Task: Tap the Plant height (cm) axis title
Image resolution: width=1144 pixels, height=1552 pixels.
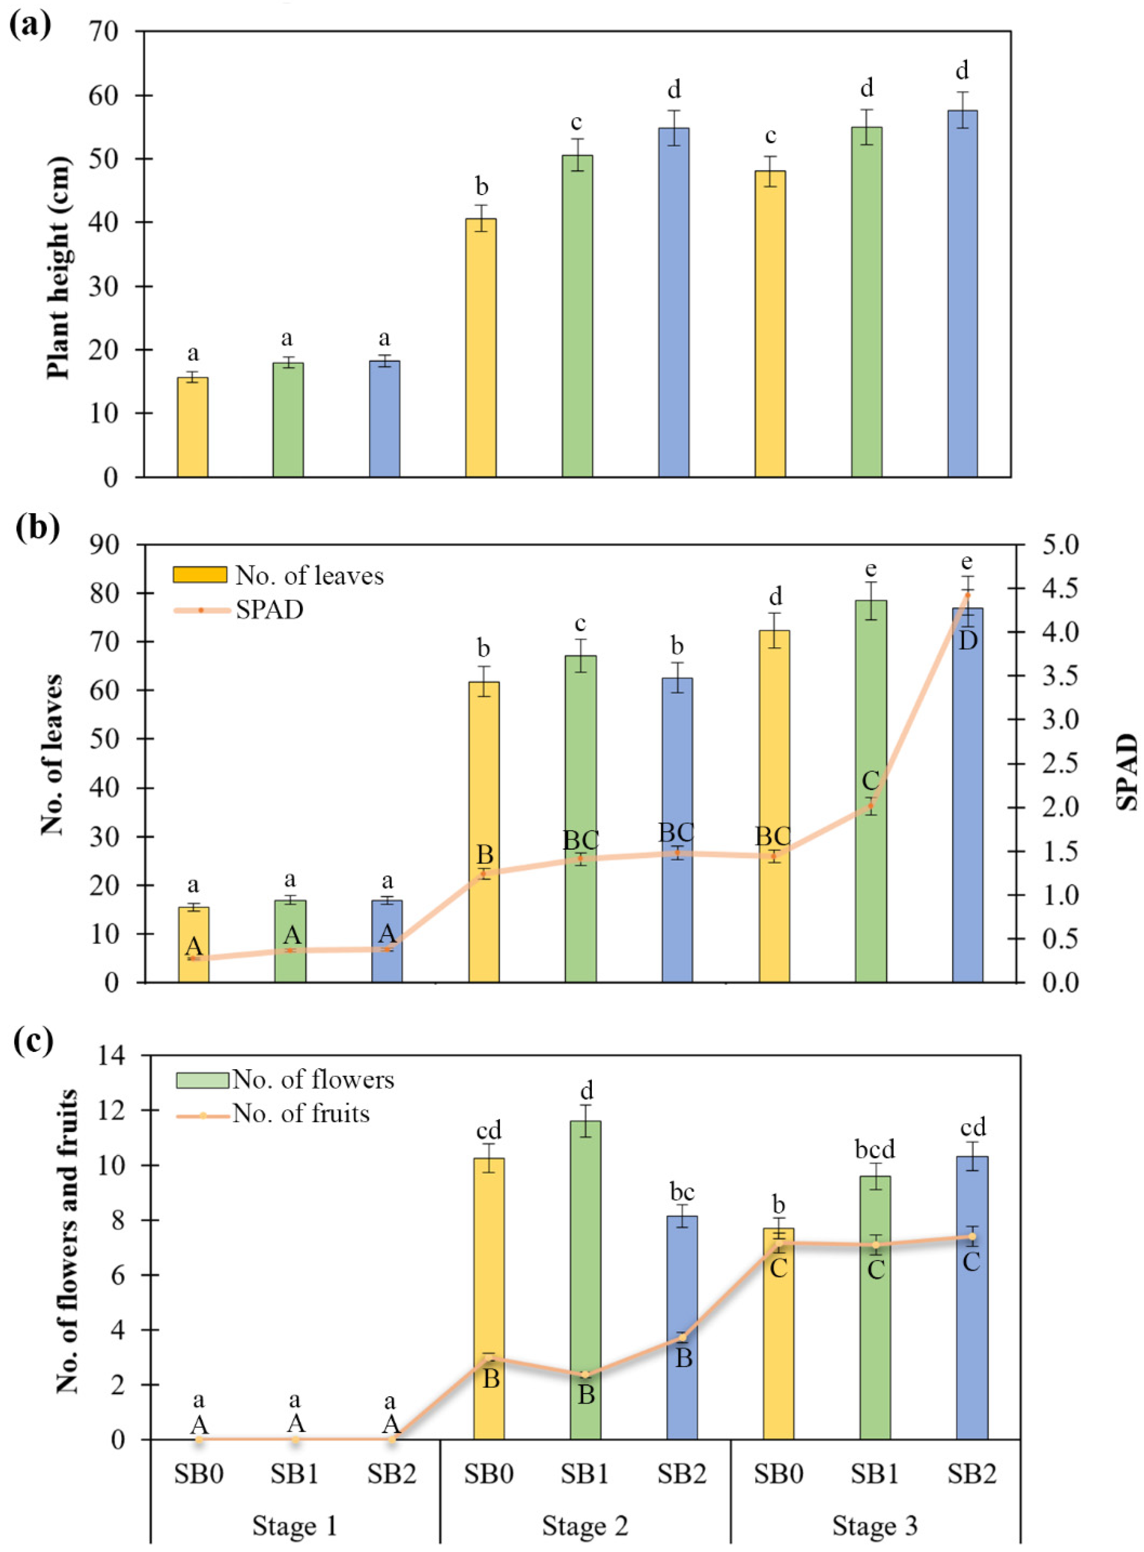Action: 60,269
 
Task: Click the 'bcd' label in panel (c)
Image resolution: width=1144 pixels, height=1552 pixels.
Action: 875,1150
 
